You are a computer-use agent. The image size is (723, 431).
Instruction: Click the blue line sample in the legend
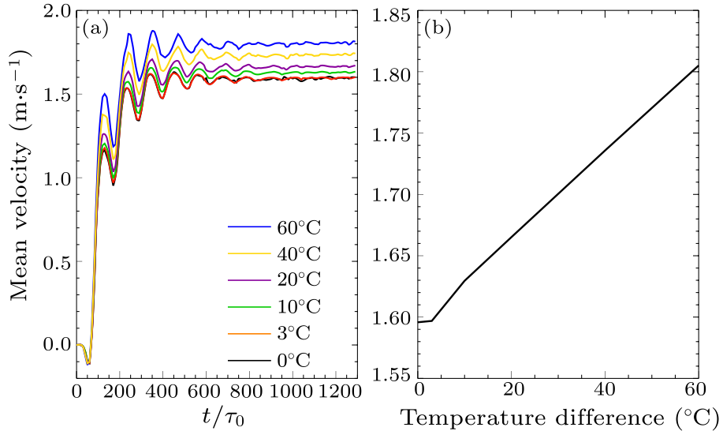(245, 227)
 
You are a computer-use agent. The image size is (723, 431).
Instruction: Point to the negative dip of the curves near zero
(88, 362)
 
